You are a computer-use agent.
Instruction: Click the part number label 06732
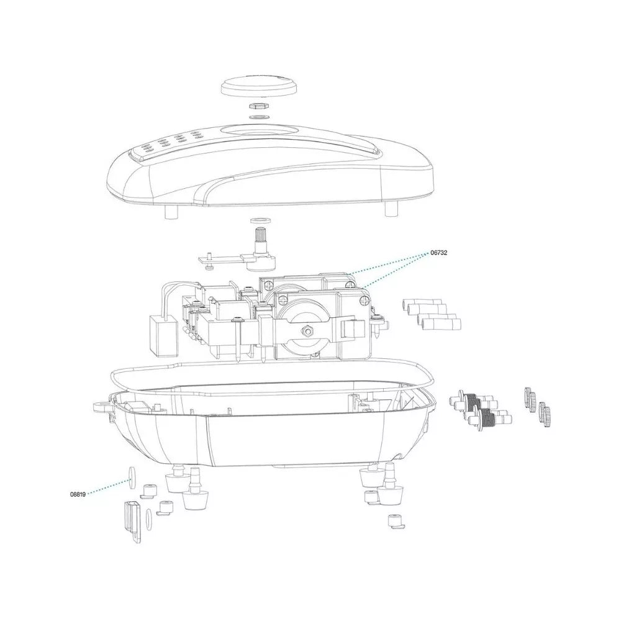coord(439,253)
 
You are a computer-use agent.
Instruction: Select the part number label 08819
coord(78,494)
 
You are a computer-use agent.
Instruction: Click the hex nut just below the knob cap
coord(259,106)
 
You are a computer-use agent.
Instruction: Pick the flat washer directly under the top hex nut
coord(259,117)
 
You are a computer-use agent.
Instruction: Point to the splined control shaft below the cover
coord(261,240)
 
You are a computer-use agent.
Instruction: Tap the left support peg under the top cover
coord(170,212)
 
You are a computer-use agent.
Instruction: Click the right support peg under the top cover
coord(391,209)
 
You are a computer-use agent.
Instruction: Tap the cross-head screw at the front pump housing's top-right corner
coord(363,301)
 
